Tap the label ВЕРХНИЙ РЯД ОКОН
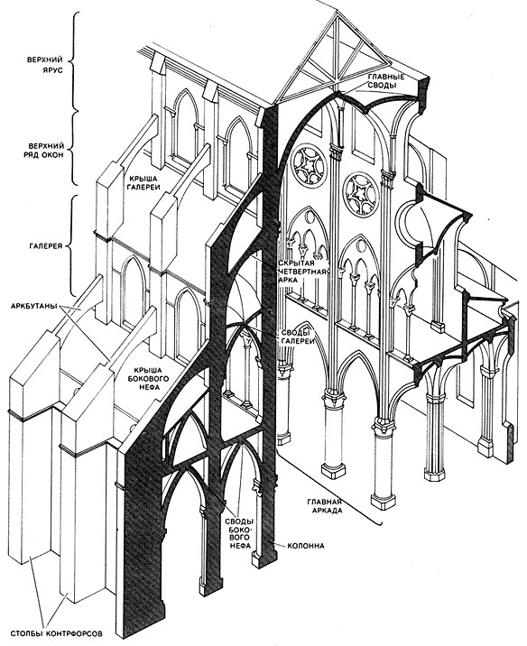[x=46, y=151]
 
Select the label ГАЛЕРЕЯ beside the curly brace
[x=46, y=247]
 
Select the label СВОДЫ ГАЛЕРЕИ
[x=298, y=337]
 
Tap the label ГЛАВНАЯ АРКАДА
[x=325, y=506]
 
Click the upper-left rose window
[x=309, y=165]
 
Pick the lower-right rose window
[x=361, y=192]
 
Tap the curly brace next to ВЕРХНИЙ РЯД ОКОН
[x=73, y=148]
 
